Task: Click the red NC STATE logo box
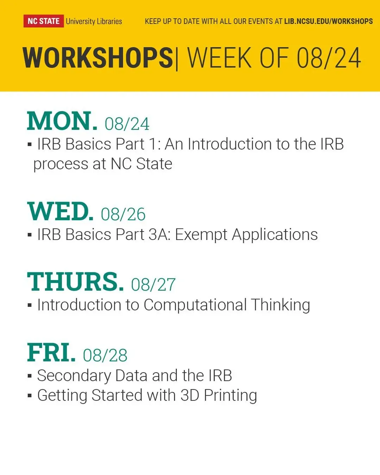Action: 44,21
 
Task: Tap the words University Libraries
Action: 94,21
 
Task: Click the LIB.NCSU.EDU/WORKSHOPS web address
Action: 328,21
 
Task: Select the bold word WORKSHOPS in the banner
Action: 98,58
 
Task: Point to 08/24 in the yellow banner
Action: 329,58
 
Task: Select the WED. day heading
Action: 60,211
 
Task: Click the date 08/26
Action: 123,214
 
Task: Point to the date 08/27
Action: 153,284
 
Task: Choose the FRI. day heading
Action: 51,352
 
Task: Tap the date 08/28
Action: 105,355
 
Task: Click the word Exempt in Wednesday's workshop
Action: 201,235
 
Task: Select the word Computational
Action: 195,305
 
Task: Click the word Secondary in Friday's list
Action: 74,376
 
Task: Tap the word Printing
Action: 230,396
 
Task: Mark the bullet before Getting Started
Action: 30,395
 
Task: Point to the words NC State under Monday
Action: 141,164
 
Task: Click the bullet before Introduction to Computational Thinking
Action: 30,305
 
